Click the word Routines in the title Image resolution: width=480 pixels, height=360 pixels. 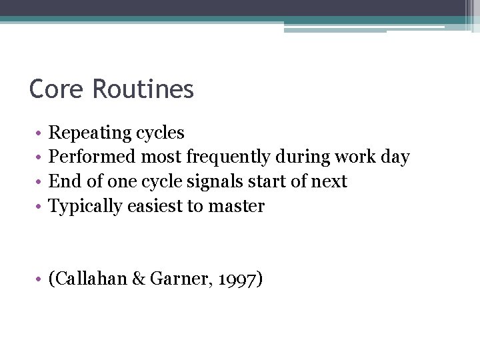pyautogui.click(x=143, y=89)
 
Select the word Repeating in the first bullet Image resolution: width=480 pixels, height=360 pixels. pyautogui.click(x=90, y=133)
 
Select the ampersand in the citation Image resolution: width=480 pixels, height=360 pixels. pyautogui.click(x=140, y=279)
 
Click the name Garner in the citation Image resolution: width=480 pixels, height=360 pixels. pyautogui.click(x=177, y=279)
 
